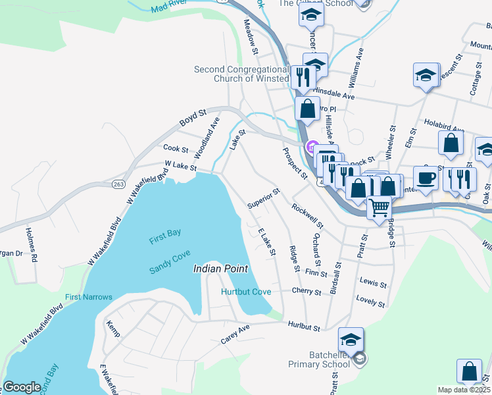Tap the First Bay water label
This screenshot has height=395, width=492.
(x=164, y=237)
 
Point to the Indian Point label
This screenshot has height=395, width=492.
(x=220, y=269)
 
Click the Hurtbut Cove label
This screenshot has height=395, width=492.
(x=246, y=291)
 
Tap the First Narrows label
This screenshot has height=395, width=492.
(x=89, y=297)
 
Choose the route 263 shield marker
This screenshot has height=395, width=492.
(x=118, y=184)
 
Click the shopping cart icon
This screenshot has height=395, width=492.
(x=380, y=208)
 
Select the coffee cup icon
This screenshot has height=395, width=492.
(x=426, y=178)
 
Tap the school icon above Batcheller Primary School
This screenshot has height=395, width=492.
(x=351, y=340)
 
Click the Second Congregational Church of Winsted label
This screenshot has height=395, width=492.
(x=241, y=74)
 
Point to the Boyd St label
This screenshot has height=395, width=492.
(x=194, y=118)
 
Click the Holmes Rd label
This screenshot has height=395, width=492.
(x=31, y=244)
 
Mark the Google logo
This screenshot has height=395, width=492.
(x=22, y=387)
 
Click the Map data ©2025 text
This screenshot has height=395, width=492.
(x=463, y=390)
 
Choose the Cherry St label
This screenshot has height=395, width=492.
(x=308, y=292)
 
